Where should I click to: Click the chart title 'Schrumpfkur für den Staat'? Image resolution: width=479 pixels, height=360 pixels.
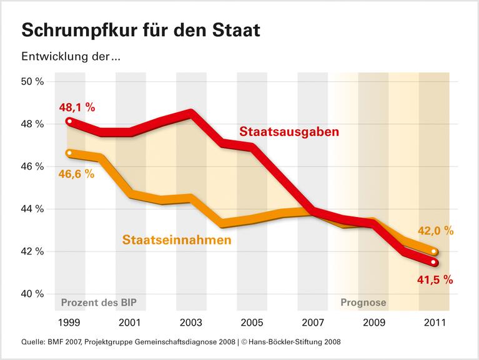pyautogui.click(x=141, y=30)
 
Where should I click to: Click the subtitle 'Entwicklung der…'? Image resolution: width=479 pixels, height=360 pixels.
pyautogui.click(x=70, y=57)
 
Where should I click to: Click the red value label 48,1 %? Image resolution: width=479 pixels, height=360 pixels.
pyautogui.click(x=77, y=107)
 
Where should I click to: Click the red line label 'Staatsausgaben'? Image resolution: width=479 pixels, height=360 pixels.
pyautogui.click(x=289, y=132)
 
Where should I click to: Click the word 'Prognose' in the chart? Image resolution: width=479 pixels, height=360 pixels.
pyautogui.click(x=363, y=304)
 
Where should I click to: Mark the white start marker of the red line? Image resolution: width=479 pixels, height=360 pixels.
pyautogui.click(x=69, y=121)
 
